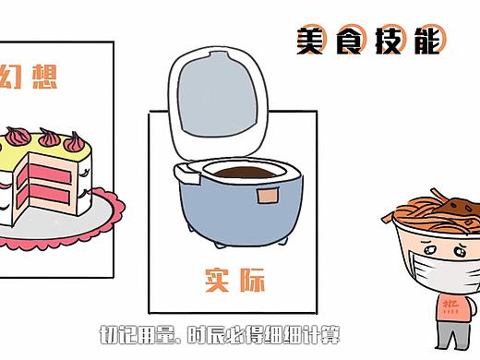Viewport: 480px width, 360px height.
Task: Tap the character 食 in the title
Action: pyautogui.click(x=352, y=40)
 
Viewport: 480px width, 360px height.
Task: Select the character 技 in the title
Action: pyautogui.click(x=390, y=40)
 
